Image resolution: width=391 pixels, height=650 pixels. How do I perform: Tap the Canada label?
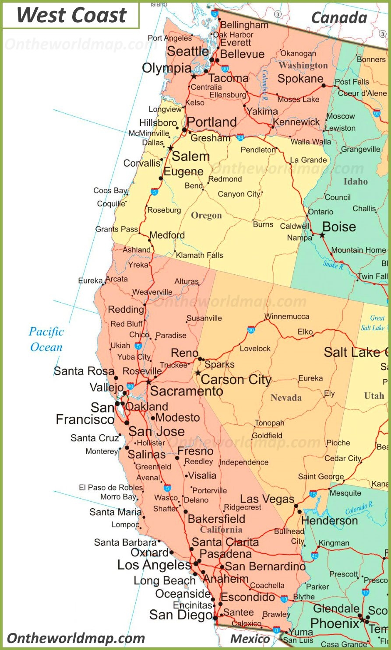[x=339, y=17]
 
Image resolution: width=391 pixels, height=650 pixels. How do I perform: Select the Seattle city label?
[x=188, y=51]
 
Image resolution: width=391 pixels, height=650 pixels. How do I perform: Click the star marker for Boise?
[x=322, y=235]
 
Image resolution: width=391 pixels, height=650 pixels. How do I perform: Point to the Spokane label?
[x=300, y=79]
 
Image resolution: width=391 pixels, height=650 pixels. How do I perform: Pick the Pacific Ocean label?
[x=46, y=339]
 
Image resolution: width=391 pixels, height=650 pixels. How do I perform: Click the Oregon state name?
[x=206, y=216]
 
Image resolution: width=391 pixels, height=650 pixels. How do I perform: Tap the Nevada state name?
[x=286, y=398]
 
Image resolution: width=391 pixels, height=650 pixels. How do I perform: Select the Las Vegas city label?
[x=267, y=499]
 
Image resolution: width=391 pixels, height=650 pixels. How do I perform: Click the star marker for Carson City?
[x=198, y=373]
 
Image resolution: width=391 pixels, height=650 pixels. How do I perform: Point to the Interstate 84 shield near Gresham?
[x=240, y=137]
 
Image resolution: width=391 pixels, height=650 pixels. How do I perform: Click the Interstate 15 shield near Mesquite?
[x=313, y=494]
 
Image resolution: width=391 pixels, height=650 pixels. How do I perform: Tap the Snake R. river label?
[x=333, y=264]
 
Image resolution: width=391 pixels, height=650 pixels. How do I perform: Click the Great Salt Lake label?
[x=373, y=323]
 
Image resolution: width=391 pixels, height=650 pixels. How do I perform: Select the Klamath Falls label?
[x=199, y=255]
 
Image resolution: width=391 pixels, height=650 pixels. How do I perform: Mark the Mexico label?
[x=250, y=639]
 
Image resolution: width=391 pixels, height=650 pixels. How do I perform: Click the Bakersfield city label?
[x=216, y=519]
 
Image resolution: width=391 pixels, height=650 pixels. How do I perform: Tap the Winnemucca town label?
[x=287, y=316]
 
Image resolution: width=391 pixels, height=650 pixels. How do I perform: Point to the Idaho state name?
[x=355, y=181]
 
